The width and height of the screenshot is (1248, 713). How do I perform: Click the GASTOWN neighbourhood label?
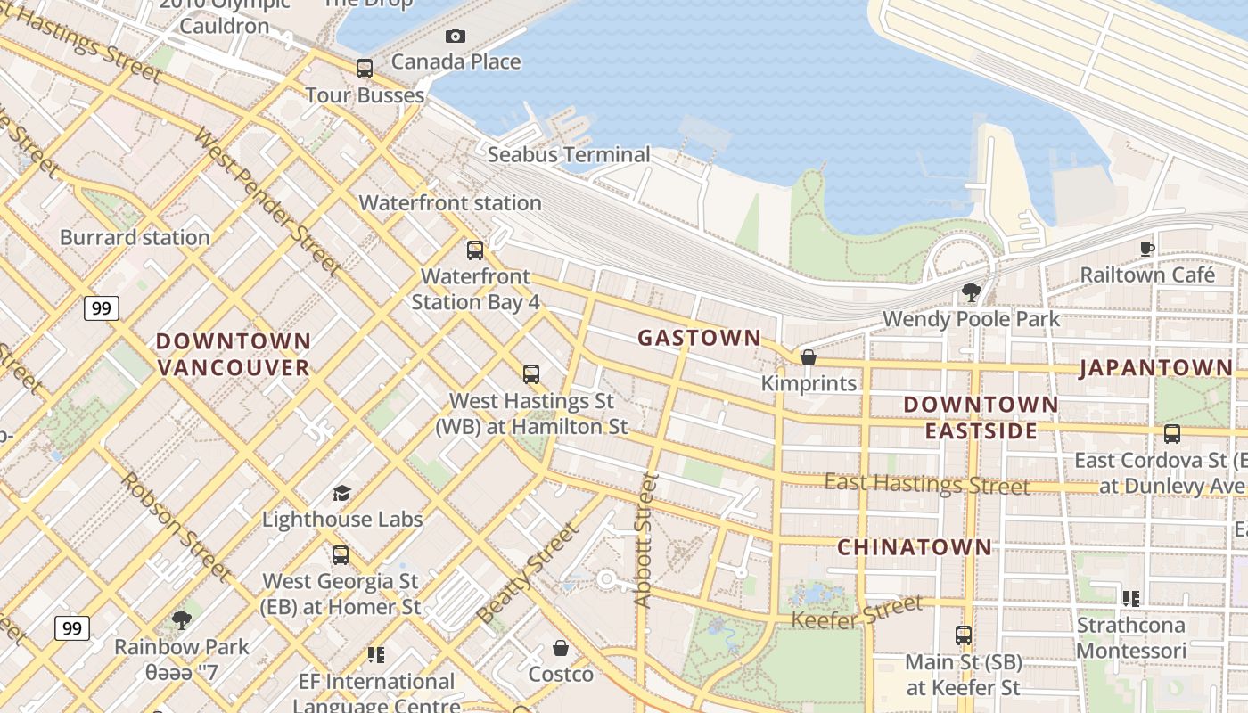coord(700,338)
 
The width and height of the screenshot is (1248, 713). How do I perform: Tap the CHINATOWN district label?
coord(914,547)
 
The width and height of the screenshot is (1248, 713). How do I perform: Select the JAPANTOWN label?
coord(1156,367)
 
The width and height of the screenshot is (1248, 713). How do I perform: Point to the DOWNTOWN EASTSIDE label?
coord(981,418)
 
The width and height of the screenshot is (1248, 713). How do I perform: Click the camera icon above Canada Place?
coord(456,37)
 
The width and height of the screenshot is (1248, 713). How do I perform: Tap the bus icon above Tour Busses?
coord(364,69)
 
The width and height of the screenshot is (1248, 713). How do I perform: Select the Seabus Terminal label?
coord(569,155)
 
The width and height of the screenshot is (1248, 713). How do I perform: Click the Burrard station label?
coord(135,238)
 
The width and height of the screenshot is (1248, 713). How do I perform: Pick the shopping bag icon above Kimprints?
coord(809,357)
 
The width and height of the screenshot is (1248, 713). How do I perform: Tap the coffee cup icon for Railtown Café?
coord(1147,249)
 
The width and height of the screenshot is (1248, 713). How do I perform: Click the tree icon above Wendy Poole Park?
coord(971,292)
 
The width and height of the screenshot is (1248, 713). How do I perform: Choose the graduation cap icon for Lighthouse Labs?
coord(341,493)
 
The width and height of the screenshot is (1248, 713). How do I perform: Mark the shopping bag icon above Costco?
coord(561,648)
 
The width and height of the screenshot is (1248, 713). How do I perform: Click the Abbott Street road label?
coord(646,541)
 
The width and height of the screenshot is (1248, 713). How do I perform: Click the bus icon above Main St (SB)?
coord(964,635)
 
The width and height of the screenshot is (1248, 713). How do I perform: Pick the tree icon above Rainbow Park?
coord(182,619)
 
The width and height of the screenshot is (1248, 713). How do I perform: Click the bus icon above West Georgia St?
coord(340,555)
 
